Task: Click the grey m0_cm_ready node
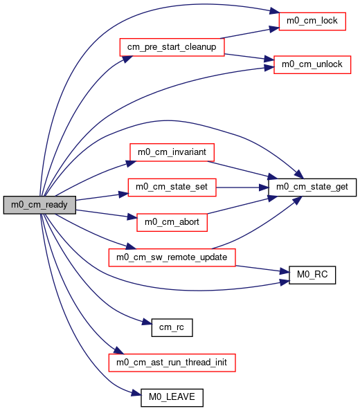point(39,205)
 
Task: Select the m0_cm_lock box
point(312,21)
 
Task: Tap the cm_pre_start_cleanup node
point(172,47)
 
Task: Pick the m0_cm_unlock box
point(312,64)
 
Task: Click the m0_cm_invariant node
point(172,152)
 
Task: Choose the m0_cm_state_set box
point(172,188)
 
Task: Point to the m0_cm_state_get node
point(312,188)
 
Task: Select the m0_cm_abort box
point(172,223)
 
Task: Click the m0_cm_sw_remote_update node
point(172,257)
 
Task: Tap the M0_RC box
point(312,275)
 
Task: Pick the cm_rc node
point(172,328)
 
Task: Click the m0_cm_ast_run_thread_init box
point(172,363)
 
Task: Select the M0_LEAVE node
point(172,398)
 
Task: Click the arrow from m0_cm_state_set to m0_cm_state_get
point(242,188)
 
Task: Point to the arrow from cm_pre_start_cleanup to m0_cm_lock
point(249,33)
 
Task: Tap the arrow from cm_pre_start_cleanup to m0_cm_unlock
point(249,57)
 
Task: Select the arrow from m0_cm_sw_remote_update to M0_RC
point(262,269)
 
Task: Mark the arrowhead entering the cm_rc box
point(147,322)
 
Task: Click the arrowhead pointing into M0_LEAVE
point(136,393)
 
